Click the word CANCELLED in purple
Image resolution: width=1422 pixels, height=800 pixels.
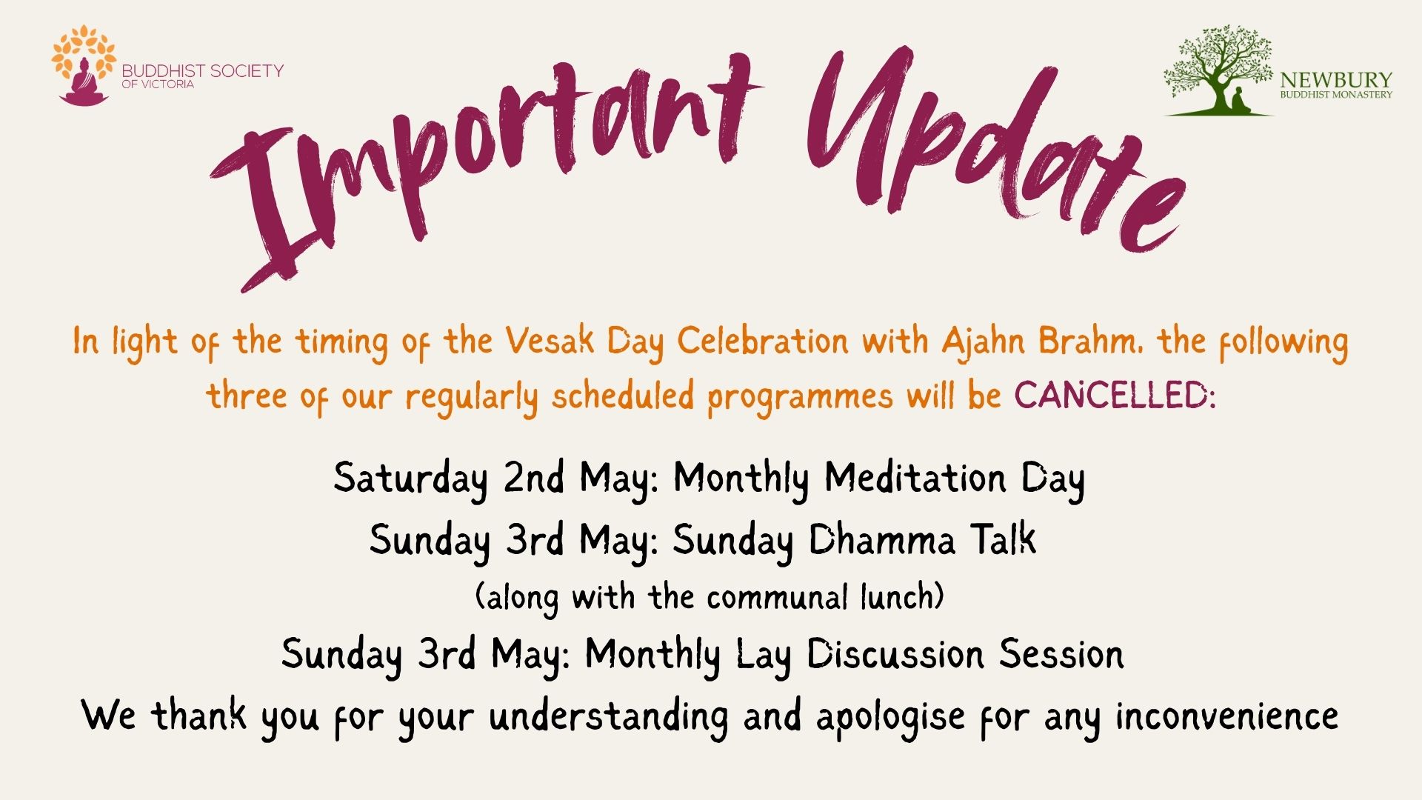pyautogui.click(x=1115, y=396)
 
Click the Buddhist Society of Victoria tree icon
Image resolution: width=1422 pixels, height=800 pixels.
pyautogui.click(x=84, y=65)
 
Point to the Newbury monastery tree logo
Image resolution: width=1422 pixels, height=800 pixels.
pyautogui.click(x=1218, y=71)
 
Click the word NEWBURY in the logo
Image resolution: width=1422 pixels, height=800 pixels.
pyautogui.click(x=1336, y=80)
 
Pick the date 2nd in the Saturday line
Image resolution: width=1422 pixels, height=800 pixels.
pyautogui.click(x=535, y=478)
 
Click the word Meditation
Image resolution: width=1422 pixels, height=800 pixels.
pyautogui.click(x=915, y=478)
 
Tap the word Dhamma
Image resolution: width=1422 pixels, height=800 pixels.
pyautogui.click(x=881, y=539)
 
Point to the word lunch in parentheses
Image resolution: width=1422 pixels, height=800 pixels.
pyautogui.click(x=903, y=597)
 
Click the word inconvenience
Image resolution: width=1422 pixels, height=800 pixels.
pyautogui.click(x=1227, y=716)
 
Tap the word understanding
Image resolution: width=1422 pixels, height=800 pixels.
pyautogui.click(x=609, y=717)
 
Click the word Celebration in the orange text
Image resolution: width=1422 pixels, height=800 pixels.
pyautogui.click(x=763, y=341)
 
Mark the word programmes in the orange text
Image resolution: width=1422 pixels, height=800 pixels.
pyautogui.click(x=800, y=397)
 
